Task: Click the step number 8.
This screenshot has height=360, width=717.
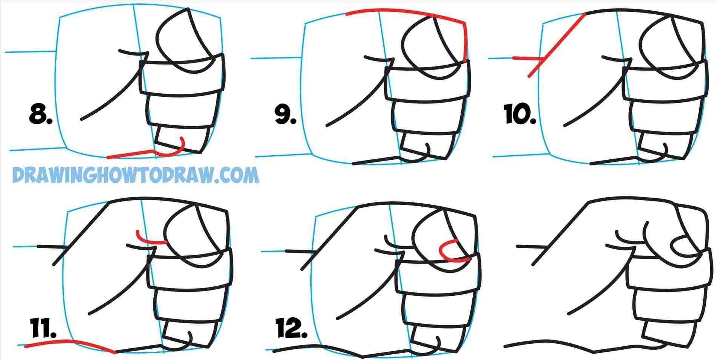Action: [40, 114]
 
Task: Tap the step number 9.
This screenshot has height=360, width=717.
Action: [285, 115]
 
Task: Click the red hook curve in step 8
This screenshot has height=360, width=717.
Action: [177, 150]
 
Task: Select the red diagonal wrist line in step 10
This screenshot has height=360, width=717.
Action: [559, 42]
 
